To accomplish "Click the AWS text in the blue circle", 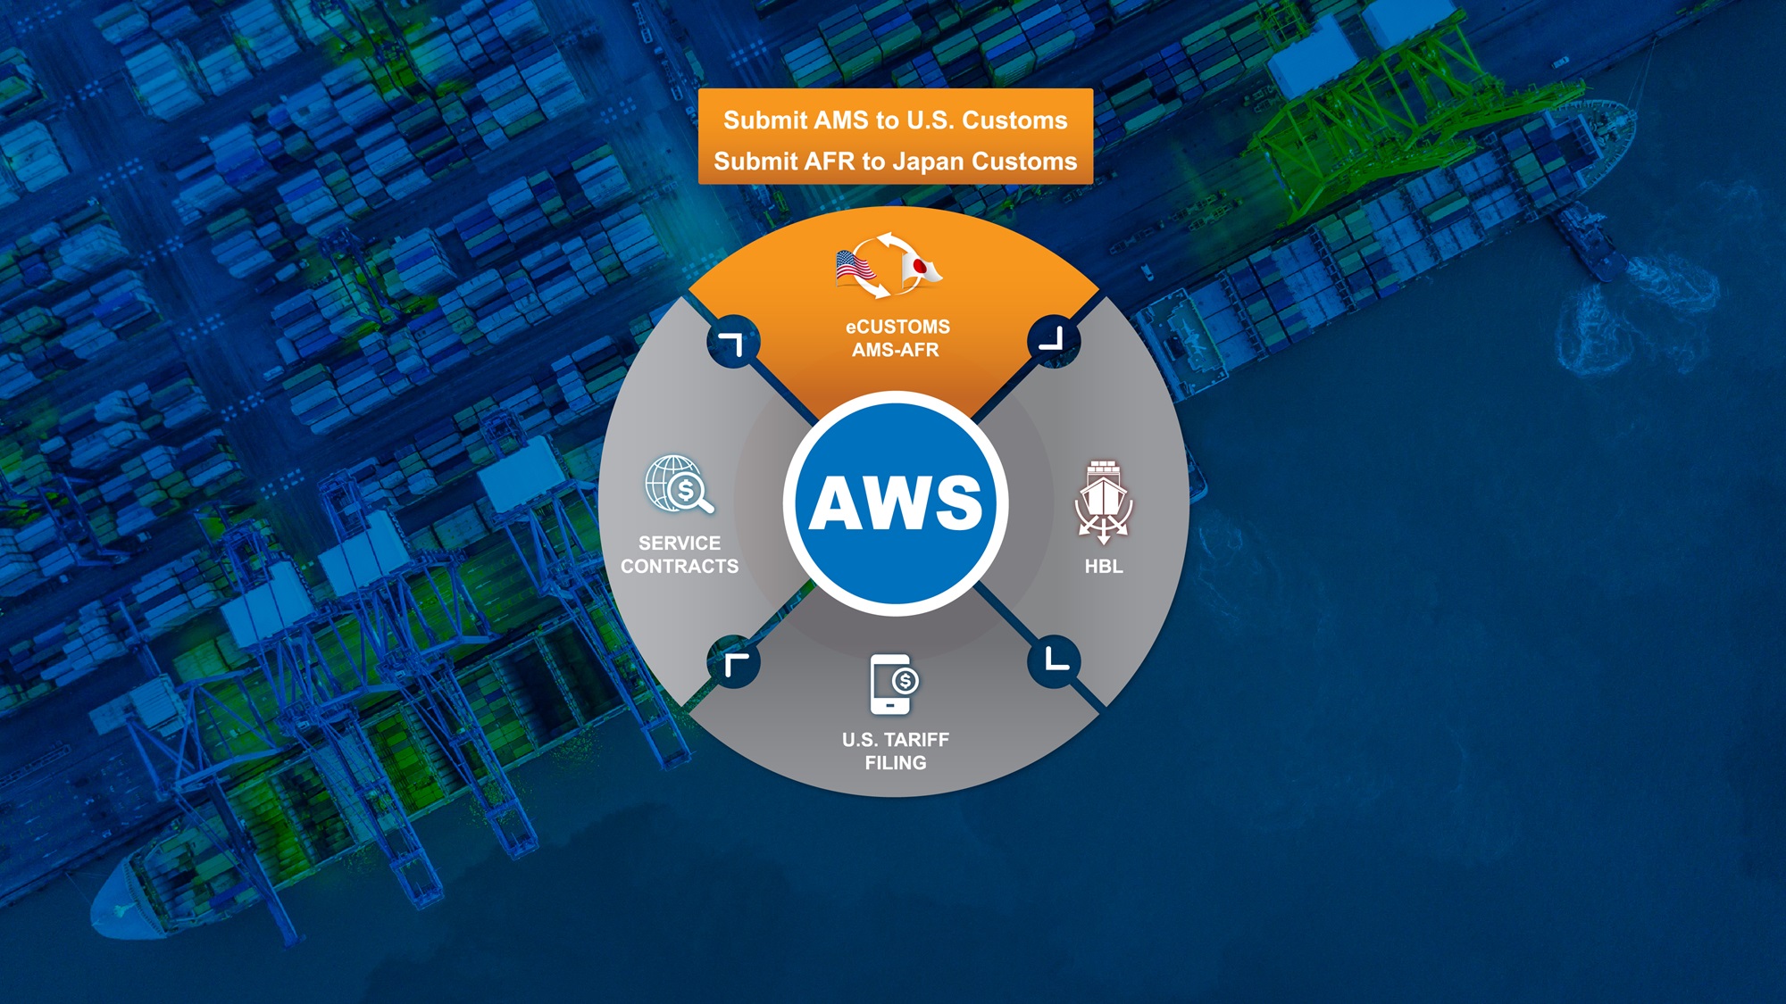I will (x=896, y=502).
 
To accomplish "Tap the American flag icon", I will (x=855, y=267).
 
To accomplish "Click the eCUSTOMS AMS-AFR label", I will (x=897, y=338).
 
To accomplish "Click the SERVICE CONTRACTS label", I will (x=680, y=554).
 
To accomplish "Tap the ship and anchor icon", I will (x=1104, y=502).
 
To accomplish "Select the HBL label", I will (x=1104, y=566).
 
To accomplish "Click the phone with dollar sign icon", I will (x=894, y=685).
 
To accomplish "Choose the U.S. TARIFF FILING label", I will (x=896, y=751).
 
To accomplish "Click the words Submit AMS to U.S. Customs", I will (x=895, y=120).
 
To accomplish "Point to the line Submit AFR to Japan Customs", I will (x=895, y=162).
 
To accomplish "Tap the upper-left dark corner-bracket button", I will (x=733, y=342).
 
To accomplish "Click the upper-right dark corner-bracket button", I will (x=1054, y=340).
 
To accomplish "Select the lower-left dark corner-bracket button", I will (x=733, y=662).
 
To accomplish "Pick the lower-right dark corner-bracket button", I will (x=1055, y=661).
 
